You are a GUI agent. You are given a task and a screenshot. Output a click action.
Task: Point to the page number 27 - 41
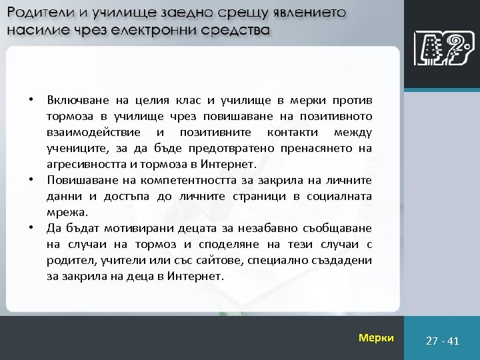(x=443, y=341)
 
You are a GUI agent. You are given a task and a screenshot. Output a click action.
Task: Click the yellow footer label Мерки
(x=376, y=338)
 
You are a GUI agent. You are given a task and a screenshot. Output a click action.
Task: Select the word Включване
(x=75, y=101)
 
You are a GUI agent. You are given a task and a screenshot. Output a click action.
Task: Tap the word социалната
(x=340, y=195)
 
